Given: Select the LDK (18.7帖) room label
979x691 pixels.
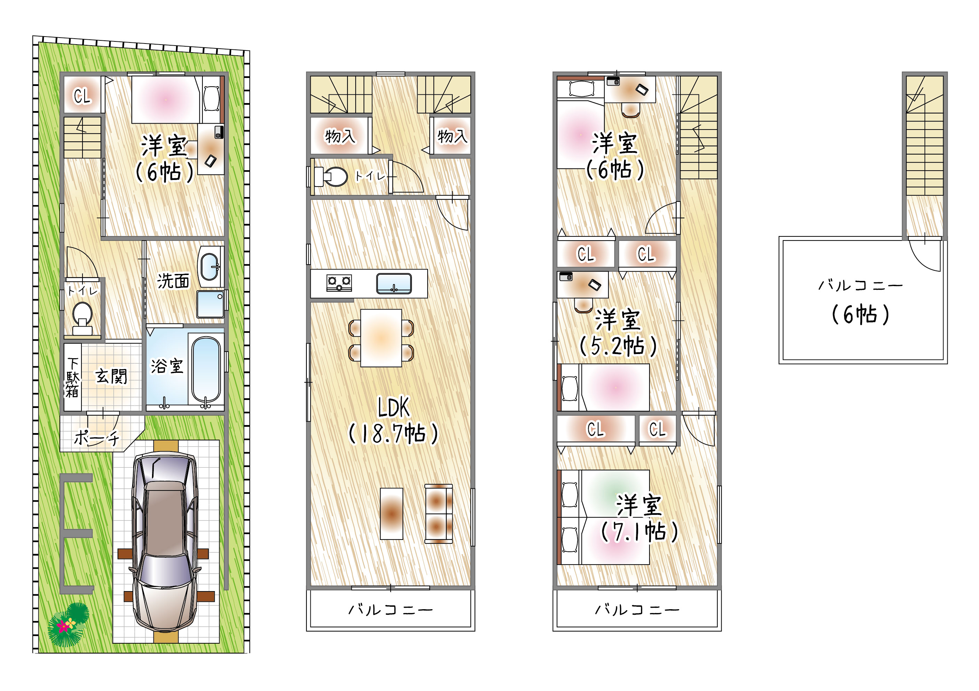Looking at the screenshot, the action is [393, 421].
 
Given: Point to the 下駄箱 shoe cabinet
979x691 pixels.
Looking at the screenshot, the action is [72, 377].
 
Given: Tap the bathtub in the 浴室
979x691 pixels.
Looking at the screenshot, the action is [206, 369].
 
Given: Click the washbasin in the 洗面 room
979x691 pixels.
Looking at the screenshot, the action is [209, 267].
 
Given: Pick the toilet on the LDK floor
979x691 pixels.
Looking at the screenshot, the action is [331, 176].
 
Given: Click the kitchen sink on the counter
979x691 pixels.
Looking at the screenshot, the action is [394, 284].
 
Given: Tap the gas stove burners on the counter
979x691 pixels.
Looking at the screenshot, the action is [339, 283].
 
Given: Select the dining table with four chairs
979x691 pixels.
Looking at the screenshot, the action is [381, 338].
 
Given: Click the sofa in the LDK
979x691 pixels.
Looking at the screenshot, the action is [439, 513].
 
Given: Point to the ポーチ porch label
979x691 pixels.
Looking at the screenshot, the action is [97, 438].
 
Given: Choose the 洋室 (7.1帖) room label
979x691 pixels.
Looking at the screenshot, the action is [639, 518].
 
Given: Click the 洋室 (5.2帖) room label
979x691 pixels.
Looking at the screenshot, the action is [618, 333].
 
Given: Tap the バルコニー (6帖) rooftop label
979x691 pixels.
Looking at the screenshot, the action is [860, 301].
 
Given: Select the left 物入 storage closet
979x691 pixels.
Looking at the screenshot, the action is [340, 136].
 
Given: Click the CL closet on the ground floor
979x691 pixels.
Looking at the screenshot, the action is [82, 95].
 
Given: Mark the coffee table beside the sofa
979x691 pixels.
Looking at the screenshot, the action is [391, 513].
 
